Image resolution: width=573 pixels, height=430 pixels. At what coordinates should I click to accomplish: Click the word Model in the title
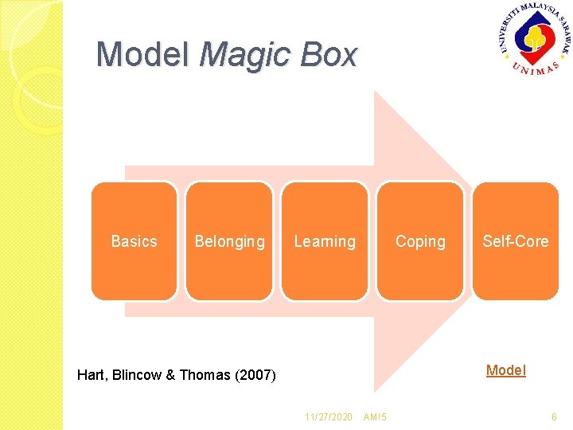(x=142, y=55)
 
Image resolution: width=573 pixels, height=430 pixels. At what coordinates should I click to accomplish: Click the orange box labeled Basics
(x=134, y=241)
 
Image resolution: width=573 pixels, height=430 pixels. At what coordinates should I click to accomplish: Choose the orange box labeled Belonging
(x=229, y=241)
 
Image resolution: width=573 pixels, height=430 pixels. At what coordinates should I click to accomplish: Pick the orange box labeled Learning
(x=325, y=241)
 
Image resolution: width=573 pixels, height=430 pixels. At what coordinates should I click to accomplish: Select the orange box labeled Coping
(x=420, y=241)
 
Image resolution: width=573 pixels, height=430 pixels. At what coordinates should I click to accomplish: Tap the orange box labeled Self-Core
(x=516, y=241)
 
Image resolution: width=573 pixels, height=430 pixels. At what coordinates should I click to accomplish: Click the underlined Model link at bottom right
(x=505, y=370)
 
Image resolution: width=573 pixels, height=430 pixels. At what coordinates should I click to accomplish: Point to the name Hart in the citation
(x=92, y=375)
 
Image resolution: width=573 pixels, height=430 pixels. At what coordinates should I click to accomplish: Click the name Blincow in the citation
(x=139, y=375)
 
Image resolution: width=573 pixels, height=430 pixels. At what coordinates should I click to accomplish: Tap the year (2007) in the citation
(x=255, y=375)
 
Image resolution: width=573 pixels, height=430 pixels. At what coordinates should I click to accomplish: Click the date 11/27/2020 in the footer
(x=329, y=417)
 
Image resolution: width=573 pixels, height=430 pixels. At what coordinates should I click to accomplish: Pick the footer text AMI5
(x=374, y=417)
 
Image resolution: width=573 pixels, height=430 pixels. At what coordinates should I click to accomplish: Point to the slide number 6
(x=554, y=417)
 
